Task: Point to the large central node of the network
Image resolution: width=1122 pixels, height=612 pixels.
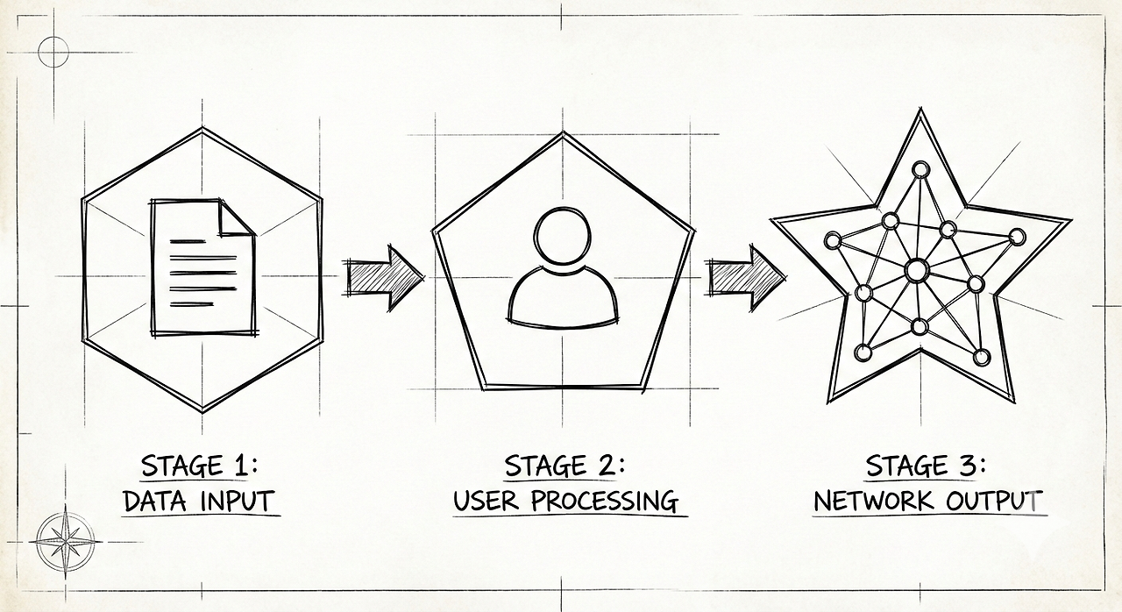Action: pyautogui.click(x=916, y=270)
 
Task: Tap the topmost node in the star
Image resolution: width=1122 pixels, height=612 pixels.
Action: pyautogui.click(x=920, y=169)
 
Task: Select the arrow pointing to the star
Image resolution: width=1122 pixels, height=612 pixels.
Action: pyautogui.click(x=746, y=277)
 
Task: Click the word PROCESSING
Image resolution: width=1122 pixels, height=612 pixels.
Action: pyautogui.click(x=605, y=502)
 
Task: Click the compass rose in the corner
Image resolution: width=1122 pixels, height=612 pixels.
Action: pyautogui.click(x=67, y=542)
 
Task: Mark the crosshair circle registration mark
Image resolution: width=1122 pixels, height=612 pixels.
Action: pyautogui.click(x=53, y=52)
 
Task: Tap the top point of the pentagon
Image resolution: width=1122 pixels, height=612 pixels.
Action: pyautogui.click(x=563, y=133)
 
